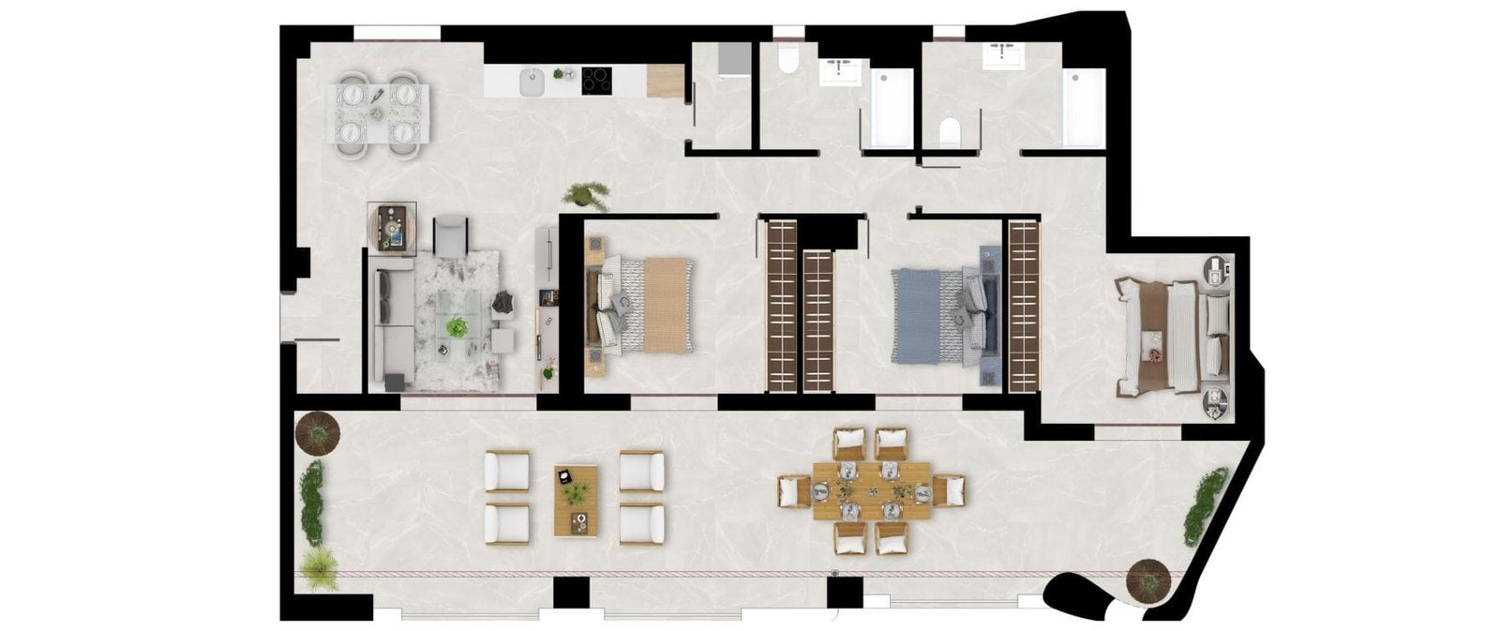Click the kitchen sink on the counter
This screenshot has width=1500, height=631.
pyautogui.click(x=531, y=82)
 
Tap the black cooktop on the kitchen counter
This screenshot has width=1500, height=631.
pyautogui.click(x=597, y=80)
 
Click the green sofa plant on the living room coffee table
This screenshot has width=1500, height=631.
pyautogui.click(x=457, y=327)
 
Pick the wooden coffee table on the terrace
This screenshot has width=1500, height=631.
pyautogui.click(x=575, y=500)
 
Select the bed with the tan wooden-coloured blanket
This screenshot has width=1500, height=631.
pyautogui.click(x=656, y=305)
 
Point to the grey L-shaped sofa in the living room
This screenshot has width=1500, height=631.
pyautogui.click(x=392, y=323)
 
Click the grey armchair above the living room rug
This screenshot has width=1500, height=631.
pyautogui.click(x=450, y=233)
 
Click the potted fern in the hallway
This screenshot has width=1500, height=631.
pyautogui.click(x=585, y=194)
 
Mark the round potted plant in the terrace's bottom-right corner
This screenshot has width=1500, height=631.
pyautogui.click(x=1148, y=578)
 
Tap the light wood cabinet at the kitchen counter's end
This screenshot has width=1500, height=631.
pyautogui.click(x=664, y=82)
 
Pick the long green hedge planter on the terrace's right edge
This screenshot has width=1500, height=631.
pyautogui.click(x=1205, y=507)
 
